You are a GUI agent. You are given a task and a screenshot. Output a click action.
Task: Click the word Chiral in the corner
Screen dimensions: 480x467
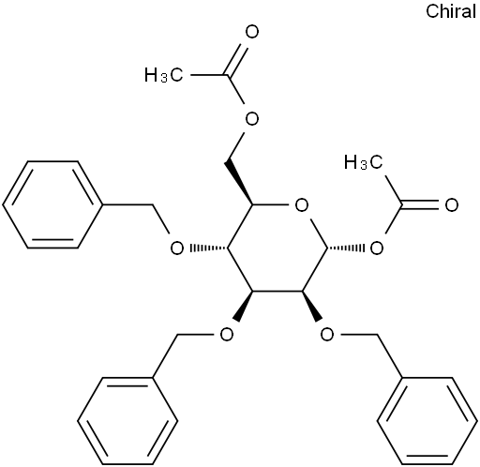tap(451, 11)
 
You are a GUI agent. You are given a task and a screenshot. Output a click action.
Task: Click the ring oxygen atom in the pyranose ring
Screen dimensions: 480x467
tap(302, 205)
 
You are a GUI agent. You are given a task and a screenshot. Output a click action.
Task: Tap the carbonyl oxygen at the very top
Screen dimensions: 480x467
tap(252, 32)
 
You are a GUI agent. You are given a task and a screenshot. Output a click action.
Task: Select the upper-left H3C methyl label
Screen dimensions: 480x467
tap(163, 75)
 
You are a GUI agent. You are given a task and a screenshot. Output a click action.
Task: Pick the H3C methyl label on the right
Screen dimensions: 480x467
tap(363, 162)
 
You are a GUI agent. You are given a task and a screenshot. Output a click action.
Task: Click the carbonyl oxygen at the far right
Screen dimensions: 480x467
tap(452, 205)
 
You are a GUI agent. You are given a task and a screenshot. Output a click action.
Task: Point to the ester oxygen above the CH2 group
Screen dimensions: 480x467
tap(252, 119)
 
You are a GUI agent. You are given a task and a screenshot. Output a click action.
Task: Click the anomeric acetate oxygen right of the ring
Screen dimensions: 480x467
tap(377, 249)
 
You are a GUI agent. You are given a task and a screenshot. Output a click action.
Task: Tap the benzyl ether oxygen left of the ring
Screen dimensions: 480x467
tap(177, 249)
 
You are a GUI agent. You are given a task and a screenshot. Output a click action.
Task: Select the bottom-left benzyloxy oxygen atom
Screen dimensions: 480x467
tap(227, 335)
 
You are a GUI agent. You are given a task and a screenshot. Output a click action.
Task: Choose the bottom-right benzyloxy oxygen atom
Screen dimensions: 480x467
tap(327, 335)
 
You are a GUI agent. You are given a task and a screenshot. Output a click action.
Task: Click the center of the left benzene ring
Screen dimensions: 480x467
tap(52, 205)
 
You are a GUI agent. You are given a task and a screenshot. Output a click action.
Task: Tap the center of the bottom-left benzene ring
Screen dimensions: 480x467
tap(127, 421)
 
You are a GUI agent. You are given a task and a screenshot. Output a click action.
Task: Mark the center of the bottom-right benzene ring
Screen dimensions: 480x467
tap(427, 421)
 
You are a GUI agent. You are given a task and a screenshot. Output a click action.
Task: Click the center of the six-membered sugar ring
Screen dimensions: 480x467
tap(277, 249)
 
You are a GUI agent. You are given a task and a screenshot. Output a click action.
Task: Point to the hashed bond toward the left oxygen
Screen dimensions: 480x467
tap(208, 249)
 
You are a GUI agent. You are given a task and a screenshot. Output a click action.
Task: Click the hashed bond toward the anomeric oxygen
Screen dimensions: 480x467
tap(346, 249)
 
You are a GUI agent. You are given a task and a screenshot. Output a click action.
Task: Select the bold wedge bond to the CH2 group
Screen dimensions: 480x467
tap(239, 183)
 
